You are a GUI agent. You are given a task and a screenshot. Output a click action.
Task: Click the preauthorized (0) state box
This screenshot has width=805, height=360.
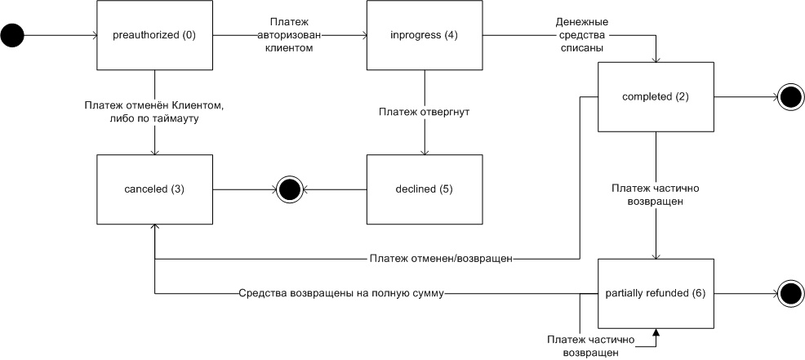click(154, 35)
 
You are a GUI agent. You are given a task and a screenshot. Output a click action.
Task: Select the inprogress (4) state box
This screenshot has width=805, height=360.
click(423, 35)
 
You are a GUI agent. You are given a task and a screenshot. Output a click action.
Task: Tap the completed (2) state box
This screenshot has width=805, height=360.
click(656, 97)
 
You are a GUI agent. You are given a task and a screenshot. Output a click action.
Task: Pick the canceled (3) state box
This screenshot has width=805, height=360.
click(154, 189)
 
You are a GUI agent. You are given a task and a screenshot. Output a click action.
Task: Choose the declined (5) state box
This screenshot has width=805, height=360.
click(423, 189)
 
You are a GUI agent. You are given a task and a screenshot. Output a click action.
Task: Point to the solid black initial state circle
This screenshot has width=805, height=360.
click(14, 35)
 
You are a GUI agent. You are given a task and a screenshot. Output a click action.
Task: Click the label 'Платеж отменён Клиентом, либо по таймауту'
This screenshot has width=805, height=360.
click(154, 112)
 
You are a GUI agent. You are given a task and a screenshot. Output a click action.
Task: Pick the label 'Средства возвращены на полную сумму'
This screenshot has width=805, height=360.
click(341, 292)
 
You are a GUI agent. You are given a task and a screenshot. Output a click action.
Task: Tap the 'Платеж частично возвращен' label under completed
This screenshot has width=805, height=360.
click(656, 194)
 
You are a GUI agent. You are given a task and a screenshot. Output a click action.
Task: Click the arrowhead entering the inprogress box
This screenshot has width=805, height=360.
click(362, 35)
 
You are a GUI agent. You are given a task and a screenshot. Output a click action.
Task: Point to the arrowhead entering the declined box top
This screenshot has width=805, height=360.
click(423, 151)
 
